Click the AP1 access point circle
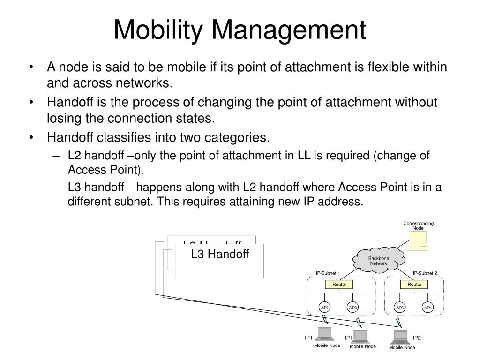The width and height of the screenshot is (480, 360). (324, 307)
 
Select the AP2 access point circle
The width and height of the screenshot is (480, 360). (352, 307)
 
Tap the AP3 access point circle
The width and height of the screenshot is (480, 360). (400, 307)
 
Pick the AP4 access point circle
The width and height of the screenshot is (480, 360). (427, 307)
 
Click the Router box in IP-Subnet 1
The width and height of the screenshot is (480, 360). (339, 285)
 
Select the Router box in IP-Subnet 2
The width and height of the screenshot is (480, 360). (414, 285)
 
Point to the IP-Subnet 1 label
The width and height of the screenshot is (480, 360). (328, 273)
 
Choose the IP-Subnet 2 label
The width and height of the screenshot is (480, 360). (425, 273)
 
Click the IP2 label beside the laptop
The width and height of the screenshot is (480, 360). (417, 337)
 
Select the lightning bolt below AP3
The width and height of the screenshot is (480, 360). (398, 322)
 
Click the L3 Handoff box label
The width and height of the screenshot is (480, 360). (219, 254)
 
